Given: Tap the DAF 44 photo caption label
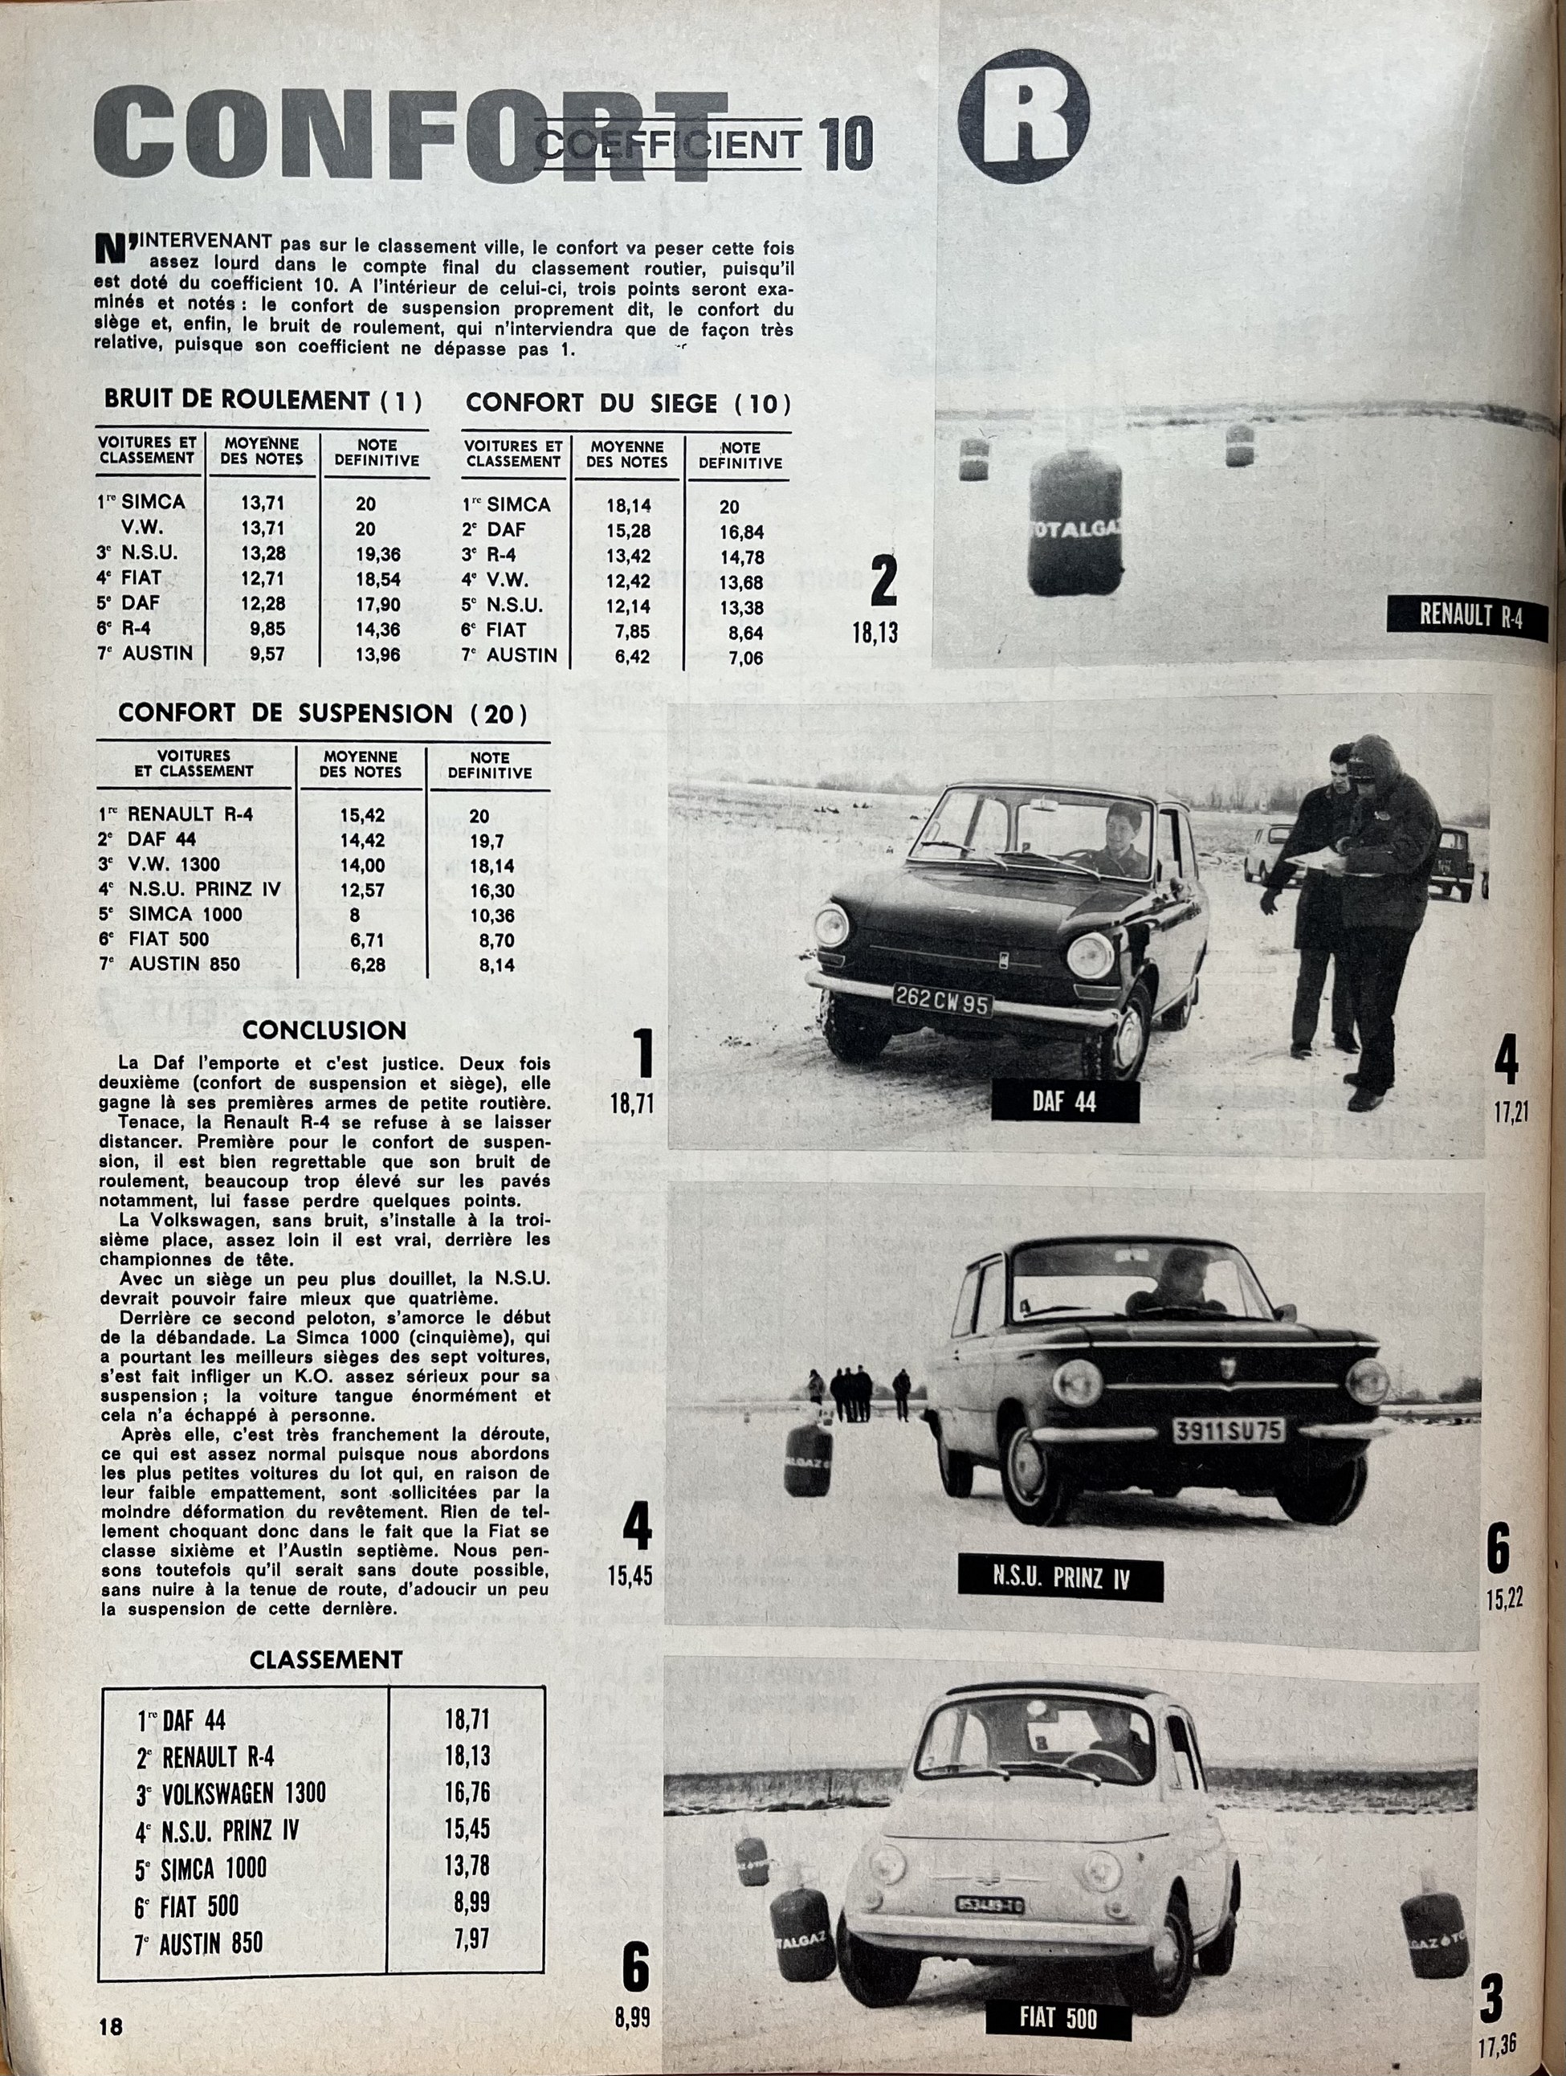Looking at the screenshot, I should point(1064,1101).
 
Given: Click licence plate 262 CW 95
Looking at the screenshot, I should point(943,1002).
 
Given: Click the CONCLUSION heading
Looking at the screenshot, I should point(324,1030).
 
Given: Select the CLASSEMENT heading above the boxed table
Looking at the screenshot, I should point(325,1659).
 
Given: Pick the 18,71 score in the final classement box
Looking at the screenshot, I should point(467,1719).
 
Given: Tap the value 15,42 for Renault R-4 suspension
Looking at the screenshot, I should point(361,814).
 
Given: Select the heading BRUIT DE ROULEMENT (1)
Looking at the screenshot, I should point(263,400).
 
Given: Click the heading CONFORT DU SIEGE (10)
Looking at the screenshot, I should point(628,404).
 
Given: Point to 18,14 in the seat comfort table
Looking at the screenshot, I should point(628,505).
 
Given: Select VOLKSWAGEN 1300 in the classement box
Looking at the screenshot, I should point(244,1793).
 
